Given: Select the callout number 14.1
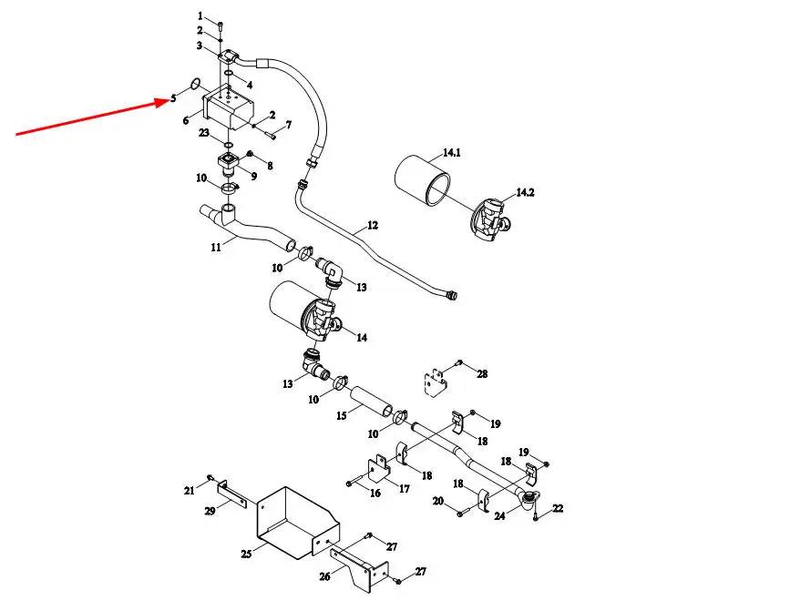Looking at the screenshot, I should click(x=451, y=154).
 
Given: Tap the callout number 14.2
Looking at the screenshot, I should click(x=526, y=192).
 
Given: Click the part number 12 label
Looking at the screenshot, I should click(x=372, y=224).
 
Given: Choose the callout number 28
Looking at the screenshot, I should click(x=482, y=374).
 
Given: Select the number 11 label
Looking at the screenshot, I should click(x=215, y=245).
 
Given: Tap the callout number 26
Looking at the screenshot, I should click(x=326, y=575).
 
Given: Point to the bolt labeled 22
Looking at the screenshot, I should click(x=537, y=516).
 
